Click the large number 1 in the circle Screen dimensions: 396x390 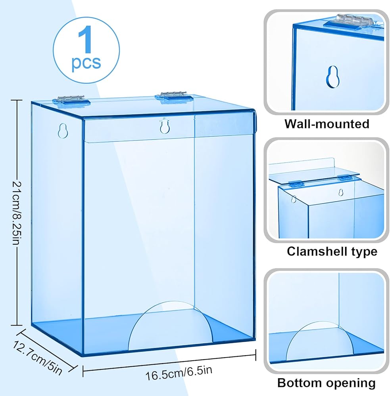point(86,40)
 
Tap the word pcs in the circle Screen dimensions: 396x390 point(86,63)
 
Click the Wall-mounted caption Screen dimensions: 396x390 point(327,124)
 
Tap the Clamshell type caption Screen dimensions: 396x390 point(332,251)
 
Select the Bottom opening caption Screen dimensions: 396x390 point(326,383)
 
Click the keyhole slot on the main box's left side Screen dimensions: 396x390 point(61,130)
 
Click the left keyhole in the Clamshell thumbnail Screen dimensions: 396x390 point(293,198)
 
